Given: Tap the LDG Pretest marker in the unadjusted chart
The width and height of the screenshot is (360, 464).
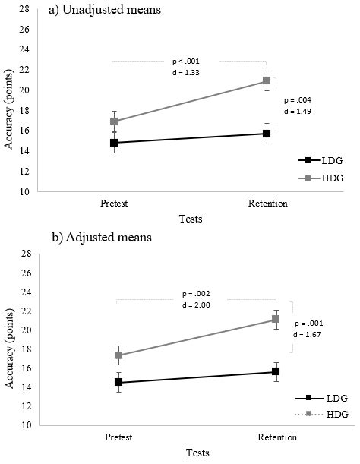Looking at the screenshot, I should (x=113, y=143).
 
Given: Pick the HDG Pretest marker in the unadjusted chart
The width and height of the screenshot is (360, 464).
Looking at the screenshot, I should (x=113, y=122).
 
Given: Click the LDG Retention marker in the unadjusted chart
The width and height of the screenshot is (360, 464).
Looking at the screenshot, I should (x=267, y=134).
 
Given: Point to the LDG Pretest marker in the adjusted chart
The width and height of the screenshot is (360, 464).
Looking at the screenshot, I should (x=118, y=383).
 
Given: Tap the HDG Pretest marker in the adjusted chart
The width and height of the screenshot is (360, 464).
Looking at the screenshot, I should (x=118, y=355).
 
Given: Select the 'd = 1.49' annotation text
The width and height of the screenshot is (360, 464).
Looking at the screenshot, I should (x=297, y=111).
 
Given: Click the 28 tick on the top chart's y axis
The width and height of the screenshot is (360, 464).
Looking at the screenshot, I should (x=24, y=8).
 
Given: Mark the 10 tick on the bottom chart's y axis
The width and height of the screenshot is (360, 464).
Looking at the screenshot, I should (x=24, y=425).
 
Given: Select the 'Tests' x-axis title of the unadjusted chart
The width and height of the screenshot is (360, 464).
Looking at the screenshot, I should (x=190, y=219).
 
